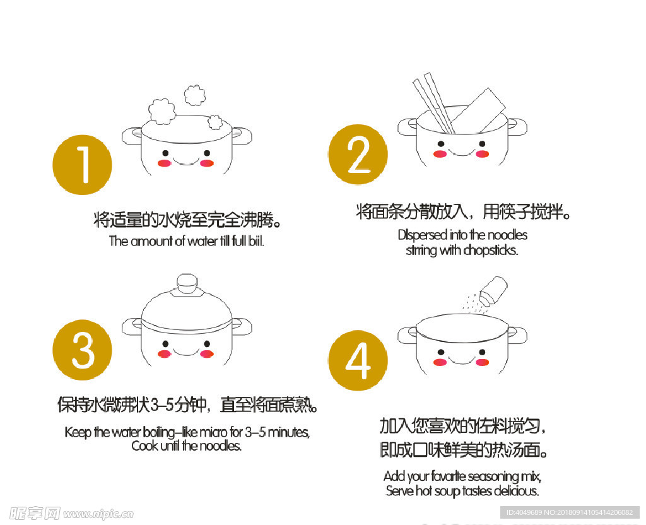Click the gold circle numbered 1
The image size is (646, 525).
[x=82, y=165]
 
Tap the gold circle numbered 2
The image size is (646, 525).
[x=358, y=154]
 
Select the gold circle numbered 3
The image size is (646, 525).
[x=82, y=350]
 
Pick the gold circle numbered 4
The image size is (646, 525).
[x=358, y=362]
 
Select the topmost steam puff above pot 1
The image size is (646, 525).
[x=195, y=95]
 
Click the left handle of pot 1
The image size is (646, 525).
[x=131, y=134]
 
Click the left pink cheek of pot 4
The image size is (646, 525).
[x=440, y=361]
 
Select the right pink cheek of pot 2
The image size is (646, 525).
[x=483, y=153]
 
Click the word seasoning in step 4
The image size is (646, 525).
[x=490, y=476]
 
